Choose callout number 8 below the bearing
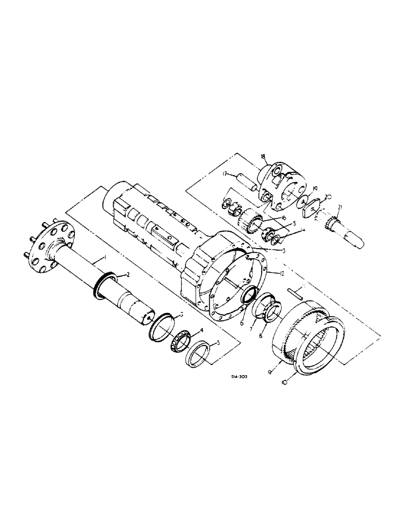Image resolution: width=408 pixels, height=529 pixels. (260, 334)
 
